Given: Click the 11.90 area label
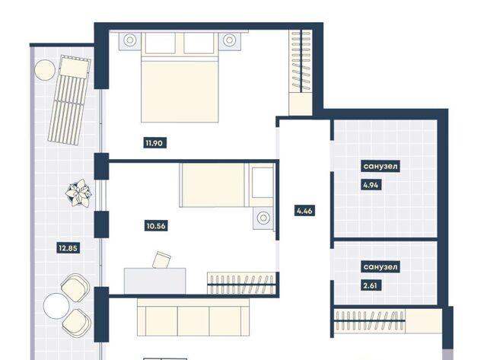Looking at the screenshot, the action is [154, 143].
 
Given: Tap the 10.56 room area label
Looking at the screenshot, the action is [156, 226].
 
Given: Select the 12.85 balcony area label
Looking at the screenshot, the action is [68, 248].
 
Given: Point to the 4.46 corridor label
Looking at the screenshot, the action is [304, 212].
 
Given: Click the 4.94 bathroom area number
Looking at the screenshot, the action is [371, 185].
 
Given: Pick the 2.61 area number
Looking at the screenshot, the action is [371, 285].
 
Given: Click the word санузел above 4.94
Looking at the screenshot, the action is [380, 166].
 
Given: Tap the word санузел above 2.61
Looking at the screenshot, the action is [380, 267].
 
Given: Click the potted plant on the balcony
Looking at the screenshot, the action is [78, 193].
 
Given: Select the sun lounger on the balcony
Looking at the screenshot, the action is [69, 100].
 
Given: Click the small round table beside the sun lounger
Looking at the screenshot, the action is [45, 70].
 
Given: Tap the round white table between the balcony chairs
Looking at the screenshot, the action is [56, 306].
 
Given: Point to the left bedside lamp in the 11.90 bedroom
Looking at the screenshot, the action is [130, 40].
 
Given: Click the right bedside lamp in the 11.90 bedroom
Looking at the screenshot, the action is [230, 40].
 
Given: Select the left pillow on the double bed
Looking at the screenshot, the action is [160, 43].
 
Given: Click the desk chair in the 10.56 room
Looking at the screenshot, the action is [161, 260].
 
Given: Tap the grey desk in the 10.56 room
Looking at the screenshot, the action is [155, 281].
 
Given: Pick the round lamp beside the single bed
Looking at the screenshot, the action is [263, 218].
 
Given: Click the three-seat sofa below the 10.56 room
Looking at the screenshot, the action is [193, 317].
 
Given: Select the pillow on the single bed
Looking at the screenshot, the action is [263, 183].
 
